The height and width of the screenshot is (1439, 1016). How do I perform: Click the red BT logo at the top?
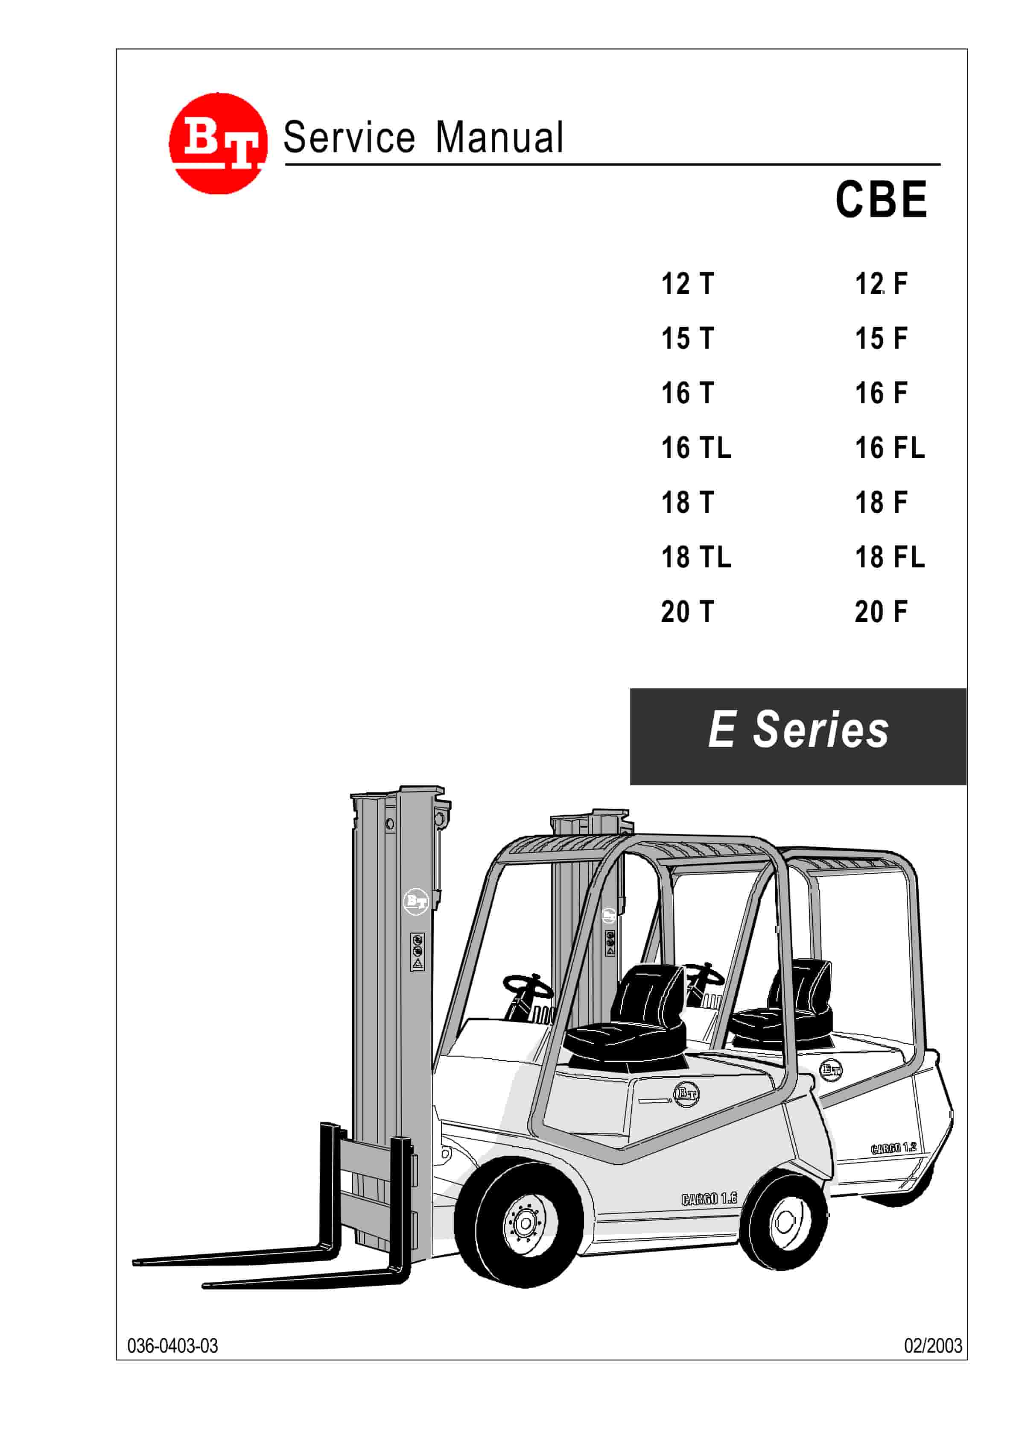(x=218, y=144)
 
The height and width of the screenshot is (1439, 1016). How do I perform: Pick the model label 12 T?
(x=687, y=284)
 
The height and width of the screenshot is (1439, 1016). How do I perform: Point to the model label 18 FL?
(x=890, y=557)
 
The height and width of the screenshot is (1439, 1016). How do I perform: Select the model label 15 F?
(x=881, y=338)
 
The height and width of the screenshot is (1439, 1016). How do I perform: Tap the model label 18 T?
(x=687, y=502)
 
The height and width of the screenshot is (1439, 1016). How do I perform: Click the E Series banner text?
(x=797, y=730)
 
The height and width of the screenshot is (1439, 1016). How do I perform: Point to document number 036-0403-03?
(x=172, y=1345)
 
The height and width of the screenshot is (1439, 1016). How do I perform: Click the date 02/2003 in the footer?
(x=932, y=1345)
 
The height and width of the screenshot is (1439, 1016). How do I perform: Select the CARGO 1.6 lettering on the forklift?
(x=709, y=1198)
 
